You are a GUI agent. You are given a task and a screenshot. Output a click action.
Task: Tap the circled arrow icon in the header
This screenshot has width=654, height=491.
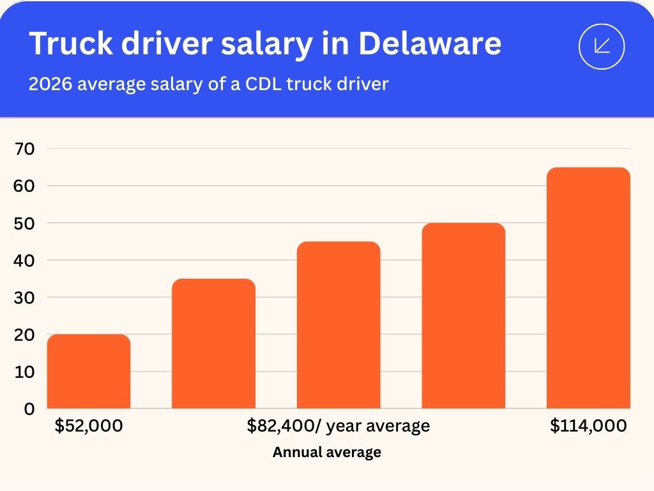[601, 45]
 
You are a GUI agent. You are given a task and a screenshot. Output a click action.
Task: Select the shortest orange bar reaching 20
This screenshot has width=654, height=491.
[89, 371]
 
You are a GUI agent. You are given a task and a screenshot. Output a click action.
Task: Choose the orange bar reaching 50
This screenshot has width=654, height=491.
[464, 316]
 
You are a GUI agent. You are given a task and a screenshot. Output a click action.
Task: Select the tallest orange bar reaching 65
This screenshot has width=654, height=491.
[588, 288]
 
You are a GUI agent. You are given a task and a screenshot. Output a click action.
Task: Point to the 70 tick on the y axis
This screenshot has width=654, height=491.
[25, 149]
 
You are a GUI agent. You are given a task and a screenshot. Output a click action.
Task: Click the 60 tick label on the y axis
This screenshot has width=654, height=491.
[25, 186]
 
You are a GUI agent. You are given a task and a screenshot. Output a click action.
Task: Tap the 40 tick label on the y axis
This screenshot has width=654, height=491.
[25, 260]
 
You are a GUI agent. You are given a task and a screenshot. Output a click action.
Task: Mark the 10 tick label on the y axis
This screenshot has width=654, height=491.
[25, 371]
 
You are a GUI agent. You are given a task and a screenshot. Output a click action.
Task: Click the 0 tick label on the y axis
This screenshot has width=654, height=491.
[29, 409]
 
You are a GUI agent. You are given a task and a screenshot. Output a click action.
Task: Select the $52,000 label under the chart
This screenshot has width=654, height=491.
[89, 426]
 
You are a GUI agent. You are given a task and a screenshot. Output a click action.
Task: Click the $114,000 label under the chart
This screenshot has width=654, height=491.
[588, 426]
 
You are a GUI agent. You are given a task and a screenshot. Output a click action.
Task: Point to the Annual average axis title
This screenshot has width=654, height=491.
[327, 453]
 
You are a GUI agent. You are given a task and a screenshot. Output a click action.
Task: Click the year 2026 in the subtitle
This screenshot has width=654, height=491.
[50, 84]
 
